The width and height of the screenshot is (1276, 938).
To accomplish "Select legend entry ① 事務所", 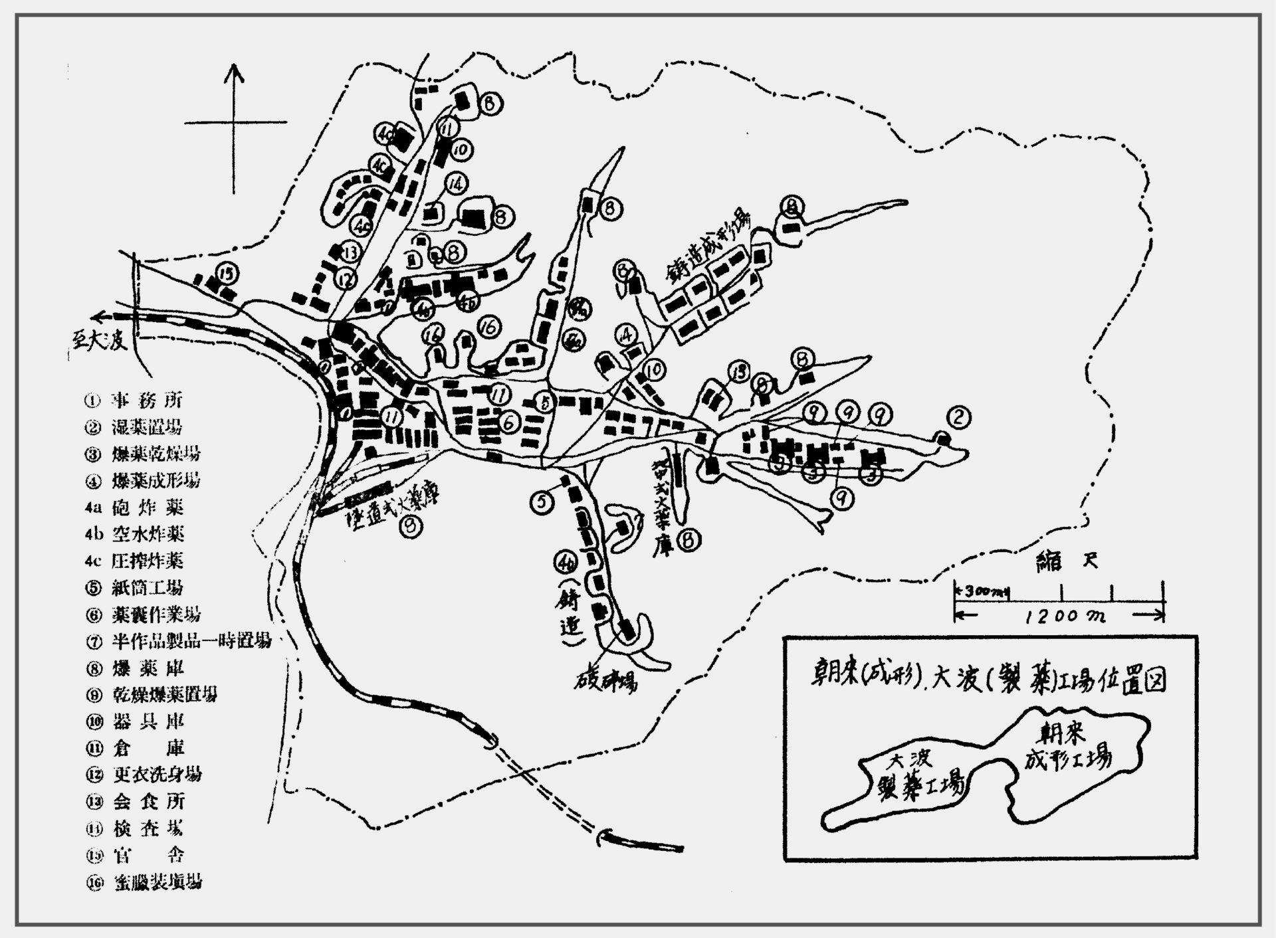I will coord(136,401).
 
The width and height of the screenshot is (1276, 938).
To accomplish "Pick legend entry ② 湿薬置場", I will coord(136,427).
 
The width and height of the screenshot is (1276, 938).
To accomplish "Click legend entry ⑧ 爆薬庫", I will coord(136,668).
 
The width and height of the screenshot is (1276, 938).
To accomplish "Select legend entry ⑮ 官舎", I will coord(136,855).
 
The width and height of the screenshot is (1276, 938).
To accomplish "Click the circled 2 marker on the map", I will coord(958,417).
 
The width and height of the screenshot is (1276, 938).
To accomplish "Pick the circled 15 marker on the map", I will coord(227,274).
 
